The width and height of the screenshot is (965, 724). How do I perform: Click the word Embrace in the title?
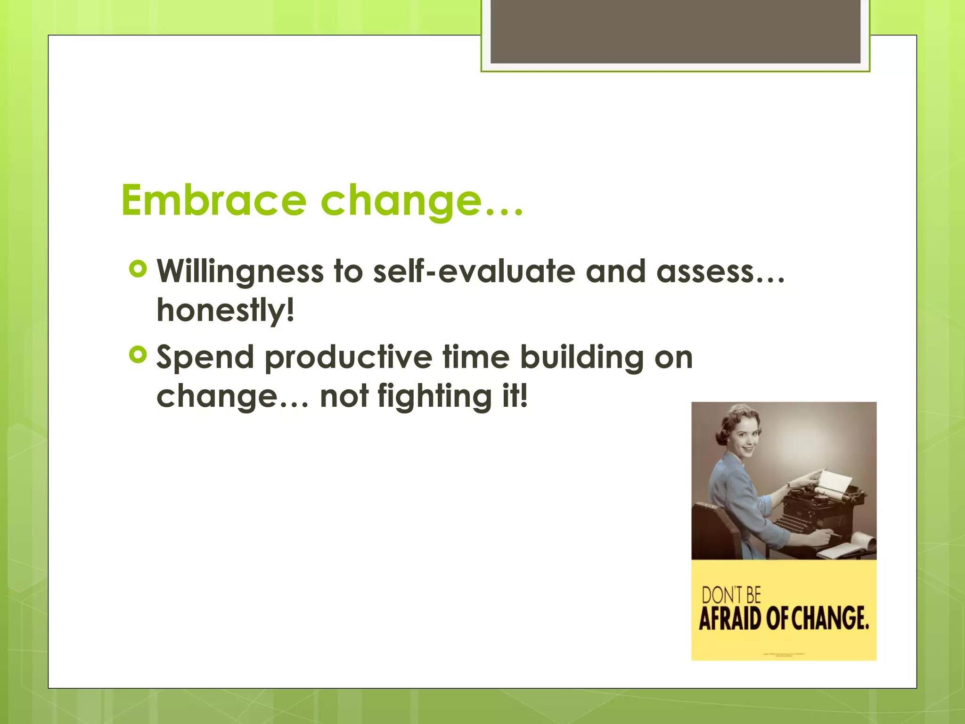point(214,200)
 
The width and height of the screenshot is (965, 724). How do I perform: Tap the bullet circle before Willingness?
point(138,270)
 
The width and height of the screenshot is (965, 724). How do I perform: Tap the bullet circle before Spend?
point(138,355)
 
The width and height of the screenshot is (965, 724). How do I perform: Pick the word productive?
point(348,358)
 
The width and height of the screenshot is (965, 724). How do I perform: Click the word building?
point(581,358)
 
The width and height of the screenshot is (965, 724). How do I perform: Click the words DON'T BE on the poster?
point(731,595)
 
